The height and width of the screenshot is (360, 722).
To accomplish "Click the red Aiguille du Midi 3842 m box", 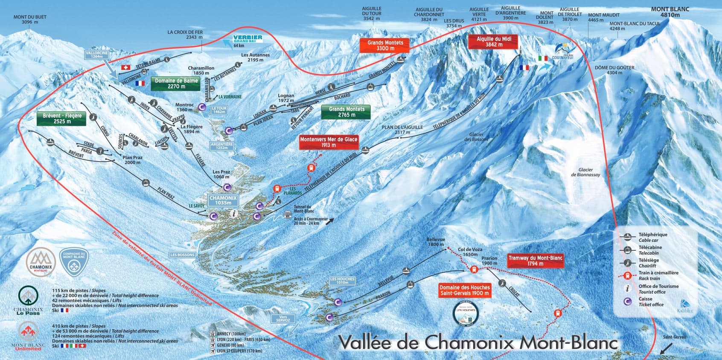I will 494,41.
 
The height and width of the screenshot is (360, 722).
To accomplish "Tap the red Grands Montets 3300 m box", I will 385,45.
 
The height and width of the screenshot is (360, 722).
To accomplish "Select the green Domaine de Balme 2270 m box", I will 176,83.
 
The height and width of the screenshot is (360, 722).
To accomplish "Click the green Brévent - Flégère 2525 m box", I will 62,119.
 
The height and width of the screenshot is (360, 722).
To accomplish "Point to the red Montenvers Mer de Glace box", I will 328,142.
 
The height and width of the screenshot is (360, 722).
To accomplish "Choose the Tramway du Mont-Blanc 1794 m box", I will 535,261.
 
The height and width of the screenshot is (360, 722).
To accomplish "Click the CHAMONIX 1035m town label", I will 223,200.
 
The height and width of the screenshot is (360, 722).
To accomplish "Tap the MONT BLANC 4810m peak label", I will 670,12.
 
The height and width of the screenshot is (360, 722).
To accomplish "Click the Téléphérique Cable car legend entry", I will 652,237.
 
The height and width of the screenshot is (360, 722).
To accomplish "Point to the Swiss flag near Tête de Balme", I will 125,67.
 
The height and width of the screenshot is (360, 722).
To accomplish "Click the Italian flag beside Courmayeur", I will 543,58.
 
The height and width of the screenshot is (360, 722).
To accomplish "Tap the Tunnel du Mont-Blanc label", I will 304,209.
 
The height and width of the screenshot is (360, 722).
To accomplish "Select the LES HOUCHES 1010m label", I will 342,280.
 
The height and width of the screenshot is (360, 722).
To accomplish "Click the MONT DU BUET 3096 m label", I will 30,20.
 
